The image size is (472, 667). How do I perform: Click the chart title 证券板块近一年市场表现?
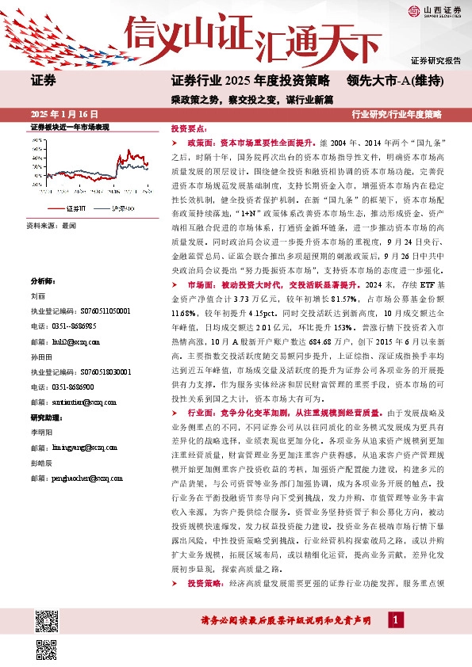click(70, 128)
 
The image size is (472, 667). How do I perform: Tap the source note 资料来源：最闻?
click(52, 226)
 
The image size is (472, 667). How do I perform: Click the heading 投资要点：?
click(189, 128)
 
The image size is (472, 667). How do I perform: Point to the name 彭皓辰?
click(41, 463)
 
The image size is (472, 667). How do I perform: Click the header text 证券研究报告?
click(436, 61)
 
